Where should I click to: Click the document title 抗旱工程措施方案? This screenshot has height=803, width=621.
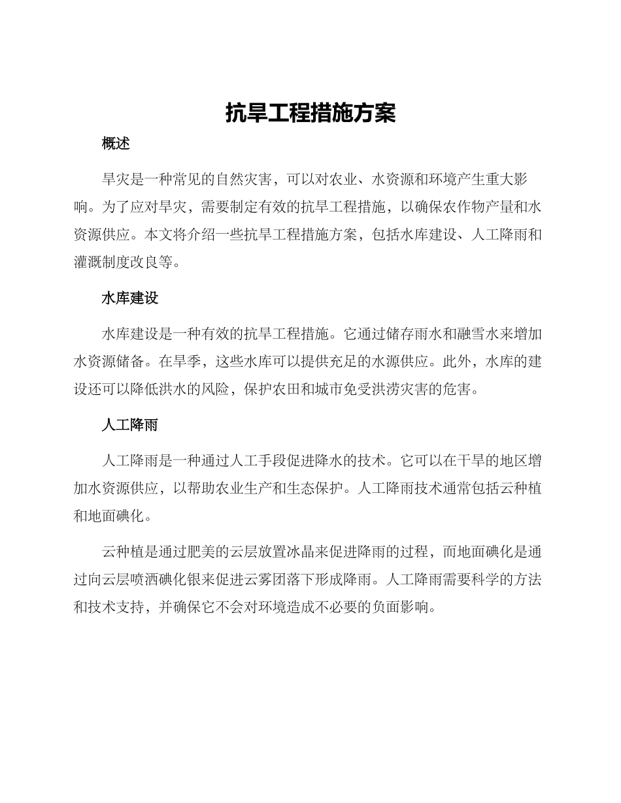point(310,113)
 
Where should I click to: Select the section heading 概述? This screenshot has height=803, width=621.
point(116,144)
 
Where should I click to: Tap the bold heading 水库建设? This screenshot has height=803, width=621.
point(130,298)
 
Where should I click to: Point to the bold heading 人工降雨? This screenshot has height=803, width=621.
point(130,425)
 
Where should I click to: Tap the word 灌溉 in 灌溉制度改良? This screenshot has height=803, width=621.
point(88,262)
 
